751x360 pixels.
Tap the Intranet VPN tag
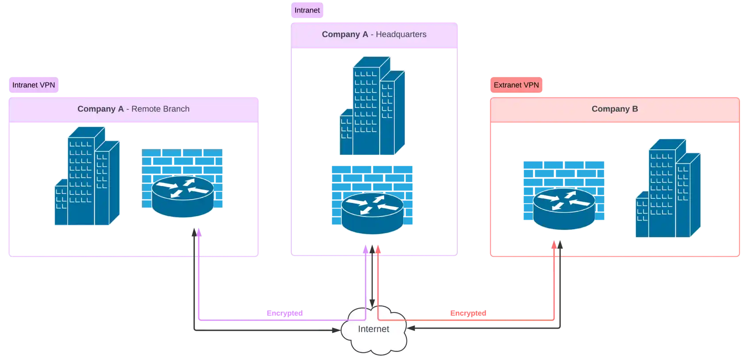(x=34, y=85)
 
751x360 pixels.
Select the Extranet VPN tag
(x=516, y=85)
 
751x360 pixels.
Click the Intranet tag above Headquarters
(x=307, y=10)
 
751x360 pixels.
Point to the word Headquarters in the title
(x=401, y=35)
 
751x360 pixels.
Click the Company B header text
(x=614, y=109)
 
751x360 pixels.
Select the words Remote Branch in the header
(x=160, y=109)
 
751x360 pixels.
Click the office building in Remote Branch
(x=87, y=177)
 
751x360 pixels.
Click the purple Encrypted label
(x=285, y=314)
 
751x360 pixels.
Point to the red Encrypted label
(x=468, y=314)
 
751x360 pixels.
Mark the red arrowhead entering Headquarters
(x=378, y=251)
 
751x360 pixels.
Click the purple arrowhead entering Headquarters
(x=366, y=251)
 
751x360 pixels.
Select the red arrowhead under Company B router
(x=554, y=244)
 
